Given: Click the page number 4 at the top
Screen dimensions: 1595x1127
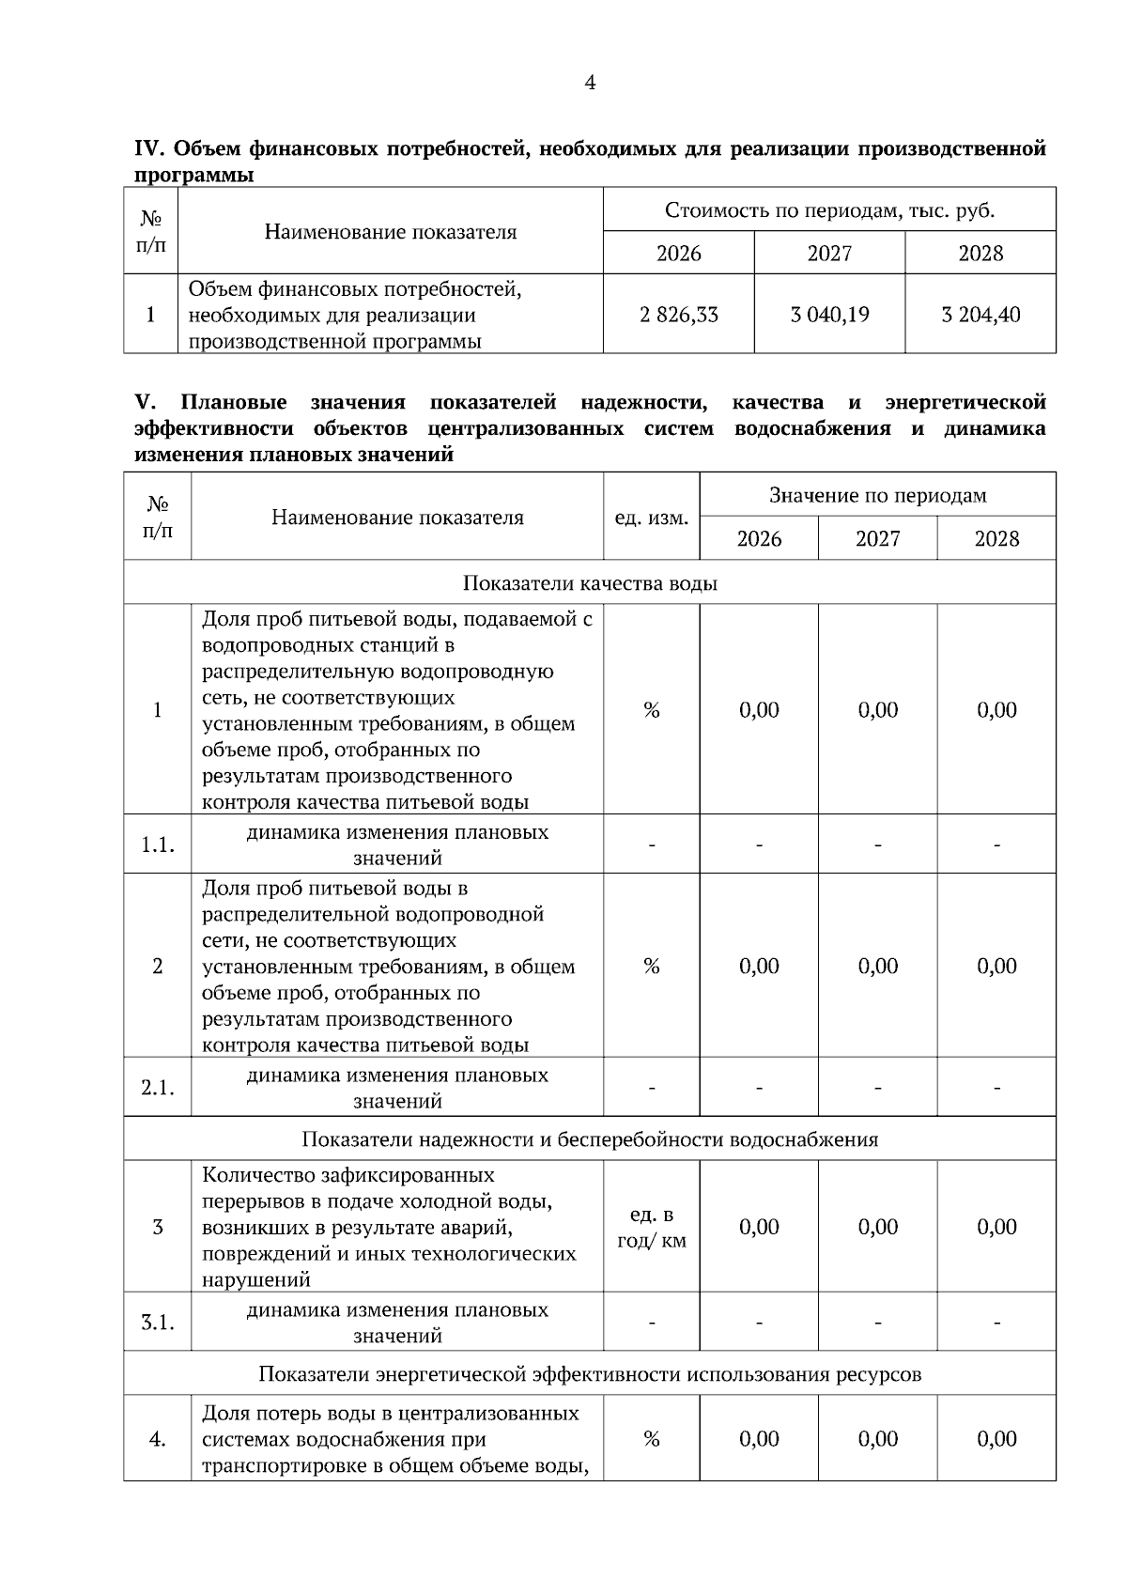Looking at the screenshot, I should pyautogui.click(x=590, y=84).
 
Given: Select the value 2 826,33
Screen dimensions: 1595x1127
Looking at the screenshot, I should pyautogui.click(x=678, y=315).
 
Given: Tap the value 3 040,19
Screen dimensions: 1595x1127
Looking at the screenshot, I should pyautogui.click(x=829, y=315).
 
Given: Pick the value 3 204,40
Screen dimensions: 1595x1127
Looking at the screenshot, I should pyautogui.click(x=980, y=315).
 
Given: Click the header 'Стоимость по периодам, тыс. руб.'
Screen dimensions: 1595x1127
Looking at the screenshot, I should pyautogui.click(x=829, y=210).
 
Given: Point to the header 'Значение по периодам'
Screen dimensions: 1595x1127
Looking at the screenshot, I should pyautogui.click(x=877, y=495).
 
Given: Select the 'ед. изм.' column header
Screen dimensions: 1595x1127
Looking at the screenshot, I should pyautogui.click(x=651, y=518).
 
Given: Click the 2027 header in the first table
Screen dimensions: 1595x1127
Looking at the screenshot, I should pyautogui.click(x=829, y=254).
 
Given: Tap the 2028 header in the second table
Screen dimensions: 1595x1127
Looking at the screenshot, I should pyautogui.click(x=996, y=539).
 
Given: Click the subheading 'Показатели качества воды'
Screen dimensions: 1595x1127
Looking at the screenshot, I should pyautogui.click(x=590, y=583).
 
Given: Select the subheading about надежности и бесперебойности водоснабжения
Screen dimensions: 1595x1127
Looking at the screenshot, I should pyautogui.click(x=590, y=1139).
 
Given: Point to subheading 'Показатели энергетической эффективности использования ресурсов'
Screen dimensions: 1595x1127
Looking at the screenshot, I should pyautogui.click(x=590, y=1374).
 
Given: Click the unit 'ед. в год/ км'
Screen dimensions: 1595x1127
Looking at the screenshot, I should pyautogui.click(x=651, y=1228).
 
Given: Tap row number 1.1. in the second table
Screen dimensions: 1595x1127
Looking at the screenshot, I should pyautogui.click(x=158, y=844).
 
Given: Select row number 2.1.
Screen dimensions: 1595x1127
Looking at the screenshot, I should pyautogui.click(x=158, y=1088).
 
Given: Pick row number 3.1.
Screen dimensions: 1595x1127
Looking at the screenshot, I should pyautogui.click(x=158, y=1323).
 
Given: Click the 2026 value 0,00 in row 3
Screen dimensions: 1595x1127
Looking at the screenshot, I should pyautogui.click(x=759, y=1227).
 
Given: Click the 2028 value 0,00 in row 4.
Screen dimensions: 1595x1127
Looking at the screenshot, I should pyautogui.click(x=996, y=1439).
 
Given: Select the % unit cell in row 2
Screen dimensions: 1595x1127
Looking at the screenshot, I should pyautogui.click(x=651, y=967).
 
